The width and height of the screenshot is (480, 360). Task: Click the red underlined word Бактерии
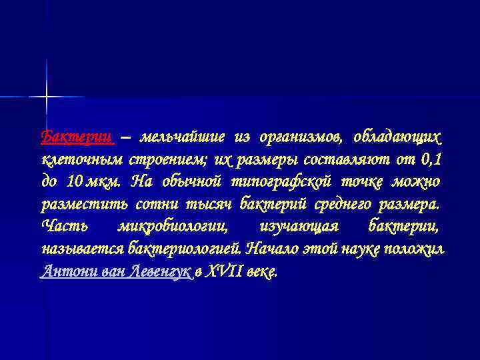click(77, 137)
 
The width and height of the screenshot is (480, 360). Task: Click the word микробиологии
click(172, 226)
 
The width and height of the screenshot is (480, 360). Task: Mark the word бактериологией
click(186, 249)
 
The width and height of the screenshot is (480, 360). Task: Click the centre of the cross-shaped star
click(47, 97)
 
